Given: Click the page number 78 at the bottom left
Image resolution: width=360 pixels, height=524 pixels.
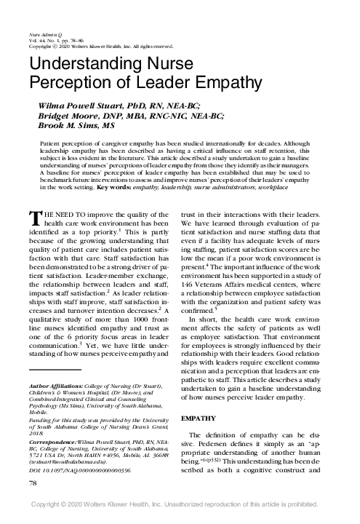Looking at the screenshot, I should [x=31, y=504].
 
